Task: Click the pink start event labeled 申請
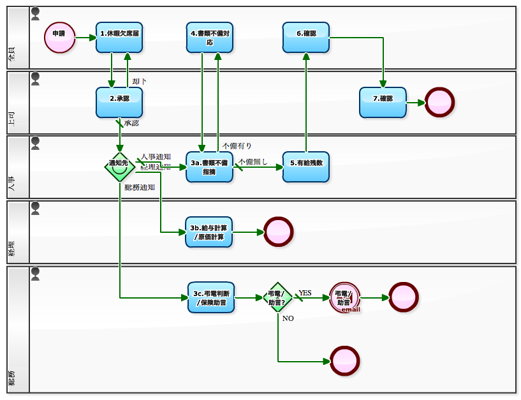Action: tap(59, 37)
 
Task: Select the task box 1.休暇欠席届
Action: tap(119, 37)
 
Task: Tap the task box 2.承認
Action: tap(119, 102)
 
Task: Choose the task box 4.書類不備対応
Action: tap(210, 37)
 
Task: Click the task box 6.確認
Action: tap(306, 37)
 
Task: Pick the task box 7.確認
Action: tap(383, 102)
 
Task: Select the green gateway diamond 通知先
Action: tap(119, 167)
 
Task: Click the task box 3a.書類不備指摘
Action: tap(210, 167)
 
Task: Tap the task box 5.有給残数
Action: tap(306, 167)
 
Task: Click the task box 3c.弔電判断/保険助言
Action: tap(211, 297)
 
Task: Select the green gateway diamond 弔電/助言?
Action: tap(277, 297)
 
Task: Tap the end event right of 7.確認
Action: tap(439, 102)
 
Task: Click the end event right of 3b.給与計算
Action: tap(278, 232)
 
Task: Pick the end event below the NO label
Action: tap(345, 361)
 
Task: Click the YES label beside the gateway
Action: tap(305, 293)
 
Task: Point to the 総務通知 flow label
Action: tap(140, 188)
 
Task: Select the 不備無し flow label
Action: tap(253, 161)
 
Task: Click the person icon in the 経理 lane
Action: tap(35, 208)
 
